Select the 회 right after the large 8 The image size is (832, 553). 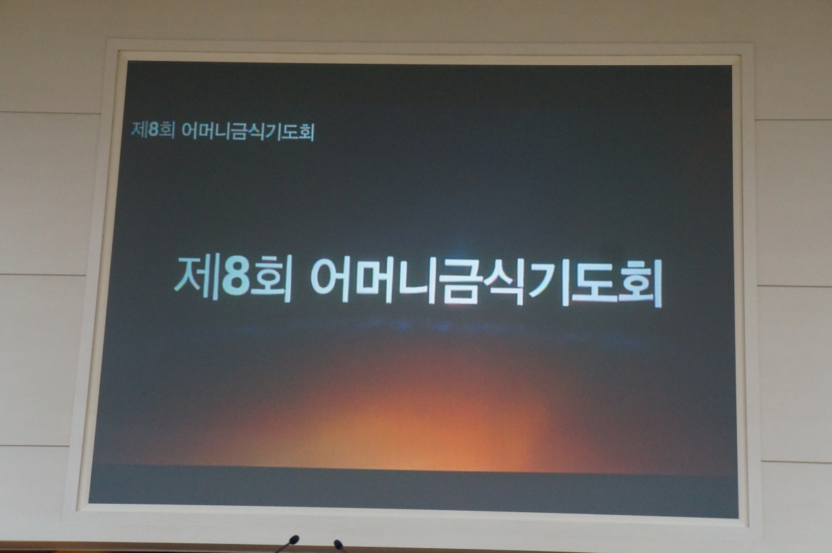(x=270, y=279)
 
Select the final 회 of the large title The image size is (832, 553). (x=638, y=284)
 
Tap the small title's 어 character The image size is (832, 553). (x=189, y=131)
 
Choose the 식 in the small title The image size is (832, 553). (x=256, y=132)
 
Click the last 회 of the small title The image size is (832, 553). (x=306, y=133)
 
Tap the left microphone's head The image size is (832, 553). (x=294, y=539)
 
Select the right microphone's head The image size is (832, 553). (x=338, y=544)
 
